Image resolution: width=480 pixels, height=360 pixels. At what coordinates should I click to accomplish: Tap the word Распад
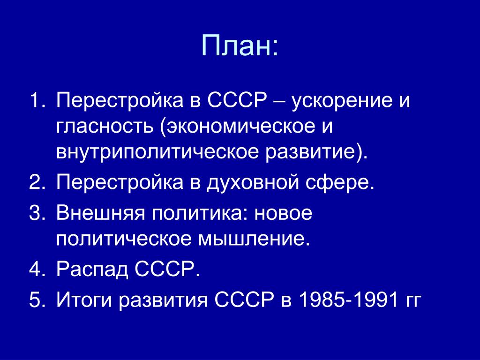[x=92, y=270]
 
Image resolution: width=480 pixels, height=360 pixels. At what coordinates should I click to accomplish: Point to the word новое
[x=284, y=213]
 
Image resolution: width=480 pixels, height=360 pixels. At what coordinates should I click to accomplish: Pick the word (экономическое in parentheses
[x=237, y=127]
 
